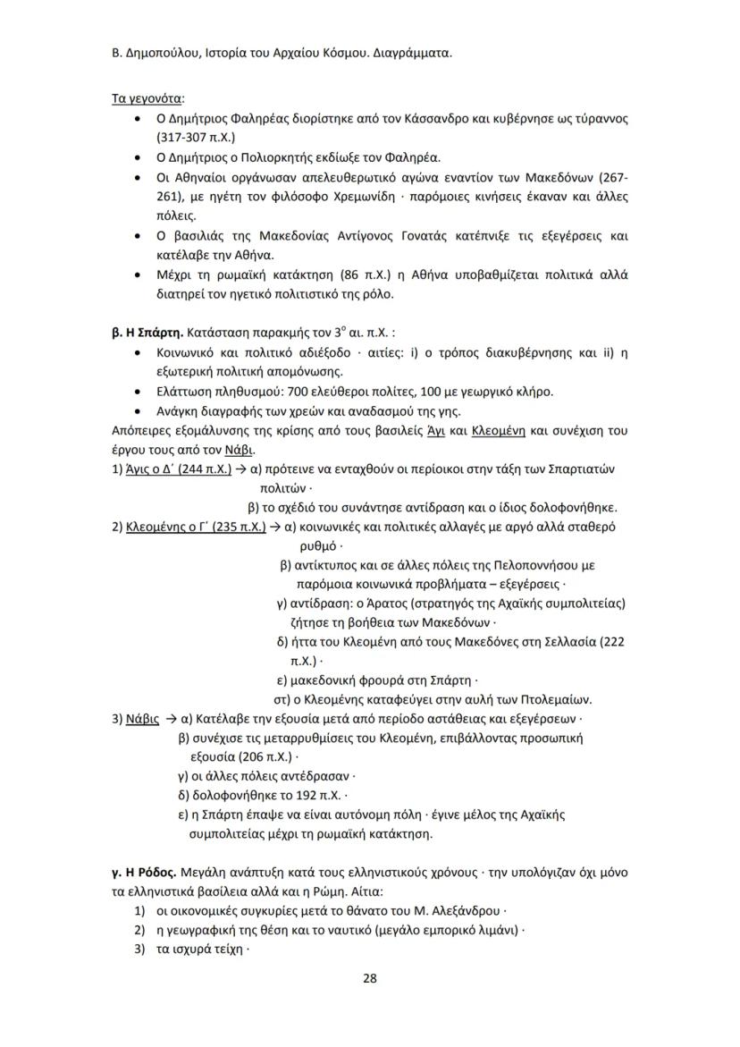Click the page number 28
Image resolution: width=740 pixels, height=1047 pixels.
pos(369,978)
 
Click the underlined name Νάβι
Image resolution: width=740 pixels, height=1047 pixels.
pos(240,449)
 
